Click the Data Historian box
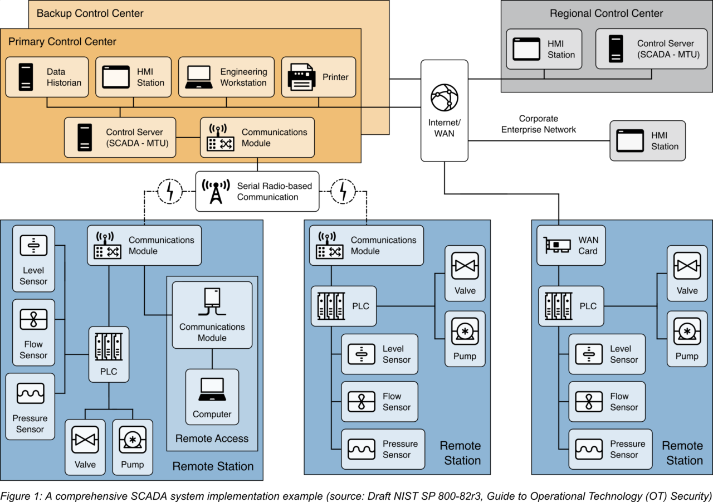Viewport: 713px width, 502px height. point(47,77)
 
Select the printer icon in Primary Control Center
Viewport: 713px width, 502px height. point(302,77)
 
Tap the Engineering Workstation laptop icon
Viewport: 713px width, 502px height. point(199,77)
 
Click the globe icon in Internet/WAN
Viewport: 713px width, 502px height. point(444,98)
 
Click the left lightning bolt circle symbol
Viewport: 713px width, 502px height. point(170,192)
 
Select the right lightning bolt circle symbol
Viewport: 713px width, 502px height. point(343,192)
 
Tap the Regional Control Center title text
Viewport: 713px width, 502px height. point(606,13)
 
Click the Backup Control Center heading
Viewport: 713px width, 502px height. point(90,13)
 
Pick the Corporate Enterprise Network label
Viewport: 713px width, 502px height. point(538,124)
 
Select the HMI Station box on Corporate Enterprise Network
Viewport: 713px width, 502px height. point(647,141)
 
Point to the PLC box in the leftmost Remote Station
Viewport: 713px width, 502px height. point(109,354)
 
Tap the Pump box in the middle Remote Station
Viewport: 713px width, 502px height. point(465,339)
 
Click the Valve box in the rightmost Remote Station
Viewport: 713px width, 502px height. point(687,272)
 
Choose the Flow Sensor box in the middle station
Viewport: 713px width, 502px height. point(379,402)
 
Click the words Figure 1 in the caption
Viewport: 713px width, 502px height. point(17,495)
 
